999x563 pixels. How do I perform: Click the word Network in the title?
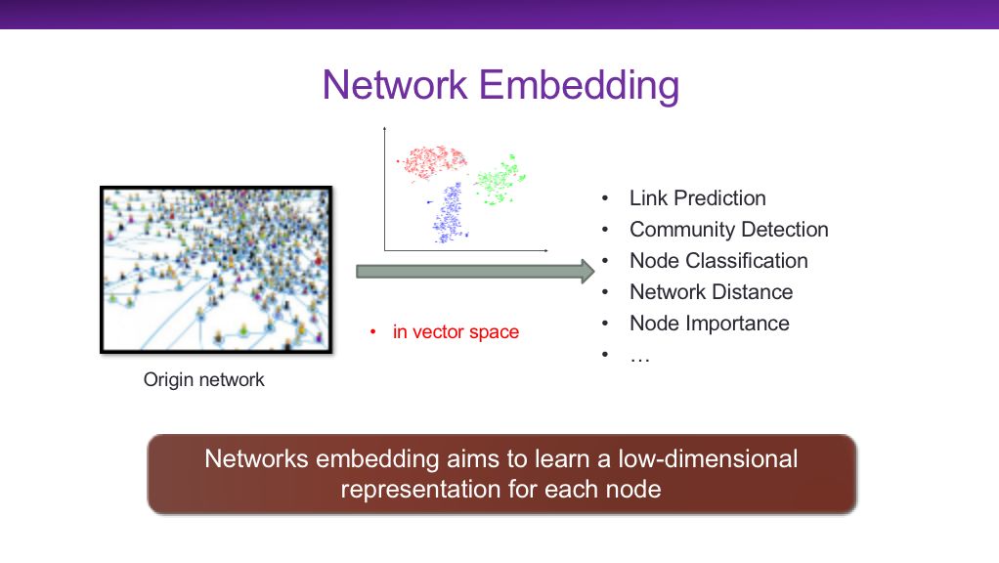[395, 85]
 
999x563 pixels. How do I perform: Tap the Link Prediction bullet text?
[697, 198]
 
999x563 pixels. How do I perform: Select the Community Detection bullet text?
[728, 230]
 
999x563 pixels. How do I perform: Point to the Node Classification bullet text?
[718, 261]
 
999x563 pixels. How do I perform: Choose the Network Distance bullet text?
[711, 292]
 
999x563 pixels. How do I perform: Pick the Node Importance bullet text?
[709, 324]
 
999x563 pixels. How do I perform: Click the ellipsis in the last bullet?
[640, 356]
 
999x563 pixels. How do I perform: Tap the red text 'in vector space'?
[456, 332]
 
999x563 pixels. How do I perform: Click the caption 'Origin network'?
[204, 379]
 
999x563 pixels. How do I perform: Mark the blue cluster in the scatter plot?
[451, 209]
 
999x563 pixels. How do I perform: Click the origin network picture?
[217, 269]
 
